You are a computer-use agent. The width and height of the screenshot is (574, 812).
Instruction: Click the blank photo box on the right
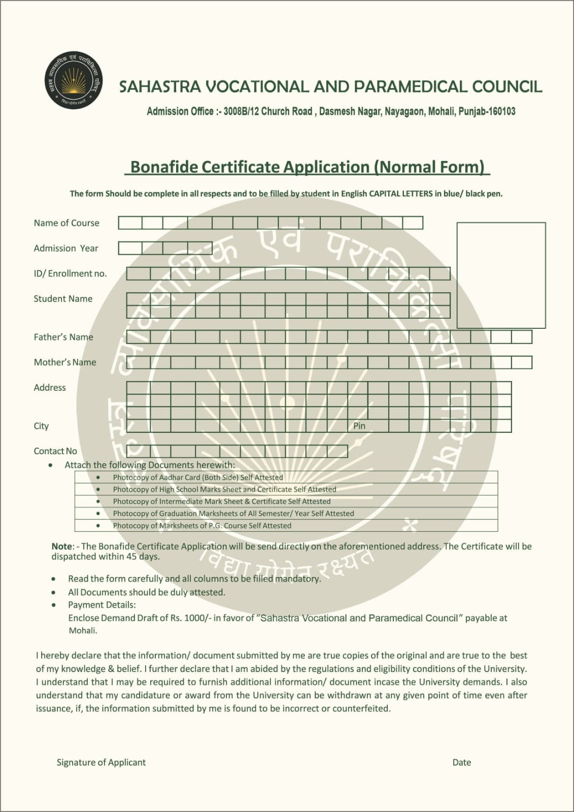501,275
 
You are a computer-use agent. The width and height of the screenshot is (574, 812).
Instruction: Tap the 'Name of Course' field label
66,223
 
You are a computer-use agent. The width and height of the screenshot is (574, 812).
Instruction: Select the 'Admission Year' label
66,248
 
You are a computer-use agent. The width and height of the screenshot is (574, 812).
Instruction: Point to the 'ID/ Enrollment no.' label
70,274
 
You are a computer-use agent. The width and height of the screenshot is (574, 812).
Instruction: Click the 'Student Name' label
63,299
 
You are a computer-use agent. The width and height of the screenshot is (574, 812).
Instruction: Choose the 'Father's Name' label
63,337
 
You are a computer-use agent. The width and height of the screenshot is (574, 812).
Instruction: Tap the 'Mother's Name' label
65,362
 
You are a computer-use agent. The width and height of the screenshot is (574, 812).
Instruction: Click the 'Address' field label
50,388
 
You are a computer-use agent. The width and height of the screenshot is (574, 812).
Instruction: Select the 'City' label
41,426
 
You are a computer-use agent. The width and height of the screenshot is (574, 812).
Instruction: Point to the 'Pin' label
359,426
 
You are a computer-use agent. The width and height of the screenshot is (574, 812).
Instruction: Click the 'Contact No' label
55,451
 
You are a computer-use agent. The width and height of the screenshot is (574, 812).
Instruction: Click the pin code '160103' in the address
501,112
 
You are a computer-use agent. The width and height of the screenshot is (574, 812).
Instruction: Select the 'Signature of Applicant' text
101,762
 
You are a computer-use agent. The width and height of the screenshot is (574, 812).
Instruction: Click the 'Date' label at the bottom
461,762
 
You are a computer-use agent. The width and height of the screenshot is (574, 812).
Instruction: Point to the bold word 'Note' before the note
62,547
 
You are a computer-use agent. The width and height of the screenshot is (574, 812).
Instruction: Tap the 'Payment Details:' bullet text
102,605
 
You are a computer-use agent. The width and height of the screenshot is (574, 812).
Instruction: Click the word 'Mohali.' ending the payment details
83,631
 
